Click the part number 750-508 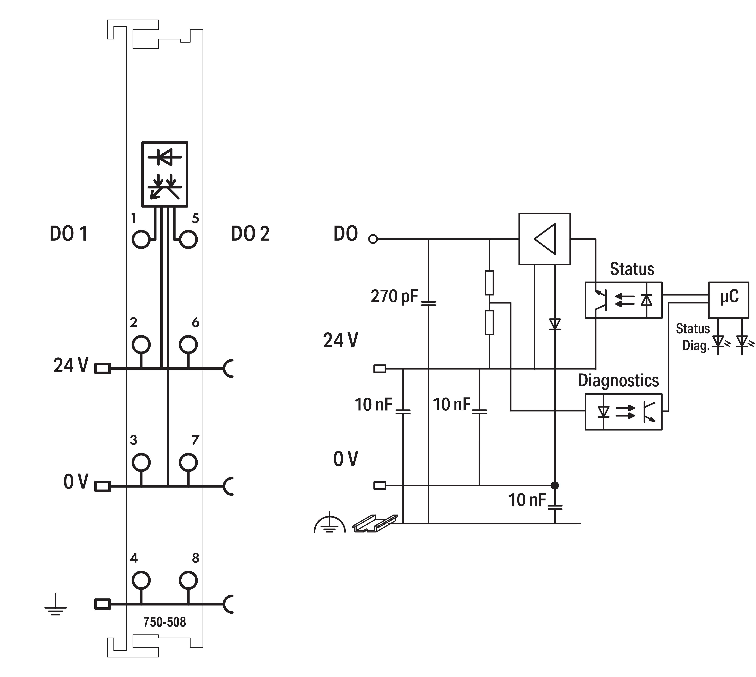pos(165,622)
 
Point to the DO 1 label pos(69,234)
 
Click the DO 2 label pos(250,234)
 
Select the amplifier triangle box pos(545,239)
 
